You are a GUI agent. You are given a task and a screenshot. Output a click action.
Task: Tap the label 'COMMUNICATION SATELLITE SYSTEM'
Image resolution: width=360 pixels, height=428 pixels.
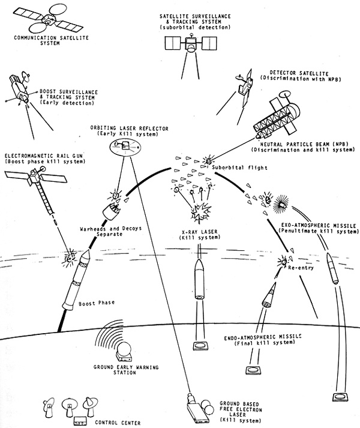point(52,40)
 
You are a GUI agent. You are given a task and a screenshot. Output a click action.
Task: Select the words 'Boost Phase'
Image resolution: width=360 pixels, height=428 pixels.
point(97,303)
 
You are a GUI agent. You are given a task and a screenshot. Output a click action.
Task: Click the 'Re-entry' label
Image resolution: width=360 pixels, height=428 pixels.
point(301,268)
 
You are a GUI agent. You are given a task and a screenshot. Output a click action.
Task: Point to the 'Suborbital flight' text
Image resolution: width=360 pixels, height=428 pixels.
point(239,167)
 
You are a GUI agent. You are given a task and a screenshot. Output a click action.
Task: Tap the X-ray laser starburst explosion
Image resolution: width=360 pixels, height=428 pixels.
point(200,212)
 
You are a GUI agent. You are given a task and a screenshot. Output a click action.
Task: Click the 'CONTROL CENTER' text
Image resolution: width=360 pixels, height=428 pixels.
point(118,423)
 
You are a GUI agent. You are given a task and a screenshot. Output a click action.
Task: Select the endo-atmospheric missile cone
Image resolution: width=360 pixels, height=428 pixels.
point(269,294)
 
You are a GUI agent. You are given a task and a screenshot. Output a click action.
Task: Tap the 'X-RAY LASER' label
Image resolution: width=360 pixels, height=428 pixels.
point(200,232)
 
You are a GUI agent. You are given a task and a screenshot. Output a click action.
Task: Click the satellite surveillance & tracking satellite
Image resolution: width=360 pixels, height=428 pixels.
point(191,44)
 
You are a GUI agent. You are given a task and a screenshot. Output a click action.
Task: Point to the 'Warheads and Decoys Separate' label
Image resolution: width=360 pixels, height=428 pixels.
point(110,231)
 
